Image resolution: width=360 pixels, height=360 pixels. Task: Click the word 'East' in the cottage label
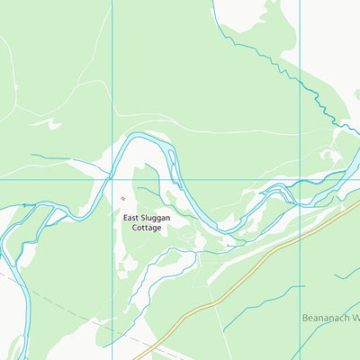(133, 218)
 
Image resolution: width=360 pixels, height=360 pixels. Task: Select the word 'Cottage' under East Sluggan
(146, 229)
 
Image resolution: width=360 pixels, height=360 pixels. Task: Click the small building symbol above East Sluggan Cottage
(124, 197)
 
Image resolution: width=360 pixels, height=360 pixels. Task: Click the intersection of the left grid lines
(112, 178)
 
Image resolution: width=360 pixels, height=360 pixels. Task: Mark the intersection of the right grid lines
(300, 178)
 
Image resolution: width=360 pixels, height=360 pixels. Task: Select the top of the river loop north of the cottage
(144, 138)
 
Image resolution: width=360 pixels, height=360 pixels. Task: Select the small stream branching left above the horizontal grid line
(54, 159)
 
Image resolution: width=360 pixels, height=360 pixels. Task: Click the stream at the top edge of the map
(213, 4)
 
